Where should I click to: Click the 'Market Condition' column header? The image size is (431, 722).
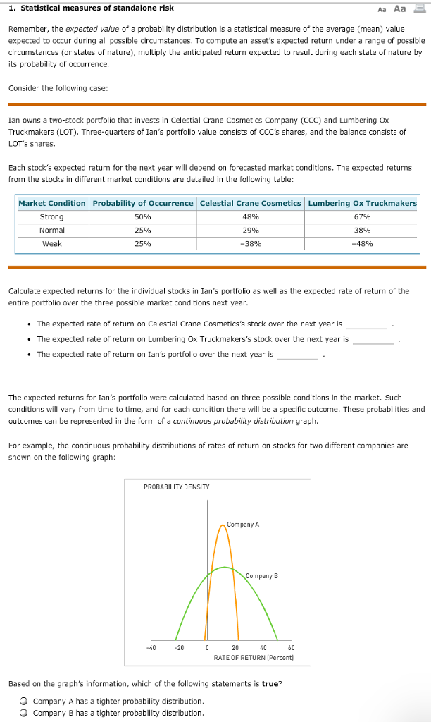(52, 203)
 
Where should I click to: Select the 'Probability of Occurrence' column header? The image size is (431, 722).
(143, 203)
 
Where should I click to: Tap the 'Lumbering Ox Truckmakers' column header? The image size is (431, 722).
(363, 203)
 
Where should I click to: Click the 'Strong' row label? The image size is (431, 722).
(52, 216)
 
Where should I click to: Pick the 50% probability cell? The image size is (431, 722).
(143, 216)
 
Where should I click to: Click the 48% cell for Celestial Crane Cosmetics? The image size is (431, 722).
(251, 216)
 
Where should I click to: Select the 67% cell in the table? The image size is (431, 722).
(363, 216)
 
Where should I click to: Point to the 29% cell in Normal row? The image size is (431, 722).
(251, 230)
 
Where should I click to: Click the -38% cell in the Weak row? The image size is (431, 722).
(251, 243)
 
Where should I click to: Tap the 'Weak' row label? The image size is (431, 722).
(52, 243)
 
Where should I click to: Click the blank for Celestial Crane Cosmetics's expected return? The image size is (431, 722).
(366, 324)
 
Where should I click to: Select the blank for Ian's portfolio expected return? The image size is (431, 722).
(297, 354)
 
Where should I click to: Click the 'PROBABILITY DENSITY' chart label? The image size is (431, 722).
(176, 487)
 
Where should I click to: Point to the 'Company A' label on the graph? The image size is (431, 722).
(243, 525)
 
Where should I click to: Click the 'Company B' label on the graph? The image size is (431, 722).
(262, 576)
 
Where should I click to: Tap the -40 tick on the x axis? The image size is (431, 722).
(151, 647)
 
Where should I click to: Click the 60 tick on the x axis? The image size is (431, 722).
(291, 647)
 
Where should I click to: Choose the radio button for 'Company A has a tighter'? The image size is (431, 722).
(24, 702)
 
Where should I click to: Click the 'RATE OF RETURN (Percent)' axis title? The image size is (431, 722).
(253, 657)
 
